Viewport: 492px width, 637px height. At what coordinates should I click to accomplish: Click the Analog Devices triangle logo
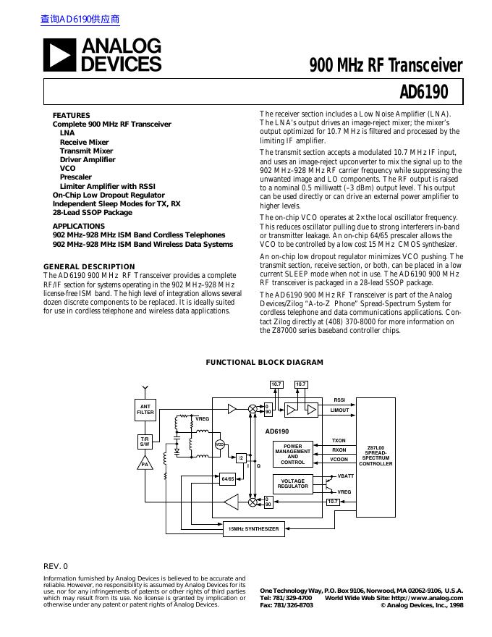coord(59,55)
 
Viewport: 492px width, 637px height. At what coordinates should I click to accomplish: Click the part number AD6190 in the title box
coord(423,93)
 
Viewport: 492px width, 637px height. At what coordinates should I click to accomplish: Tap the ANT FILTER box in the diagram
coord(145,410)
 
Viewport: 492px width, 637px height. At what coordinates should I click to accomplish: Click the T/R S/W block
coord(145,442)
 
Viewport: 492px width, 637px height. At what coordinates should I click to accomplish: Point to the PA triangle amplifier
coord(145,463)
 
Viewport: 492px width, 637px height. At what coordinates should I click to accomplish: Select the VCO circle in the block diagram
coord(220,444)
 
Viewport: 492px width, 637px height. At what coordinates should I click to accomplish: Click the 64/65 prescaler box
coord(228,478)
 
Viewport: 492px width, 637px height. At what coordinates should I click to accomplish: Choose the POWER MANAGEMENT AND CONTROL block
coord(292,454)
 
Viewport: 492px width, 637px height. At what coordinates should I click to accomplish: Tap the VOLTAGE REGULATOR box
coord(292,484)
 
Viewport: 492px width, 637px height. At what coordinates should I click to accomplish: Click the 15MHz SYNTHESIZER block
coord(253,529)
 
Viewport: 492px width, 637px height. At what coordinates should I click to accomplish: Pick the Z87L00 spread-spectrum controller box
coord(376,457)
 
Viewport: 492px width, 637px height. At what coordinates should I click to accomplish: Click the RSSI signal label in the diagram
coord(339,400)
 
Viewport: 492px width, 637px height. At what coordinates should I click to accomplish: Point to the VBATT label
coord(346,476)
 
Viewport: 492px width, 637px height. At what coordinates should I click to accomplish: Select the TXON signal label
coord(339,440)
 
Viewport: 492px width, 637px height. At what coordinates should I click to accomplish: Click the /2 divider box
coord(242,457)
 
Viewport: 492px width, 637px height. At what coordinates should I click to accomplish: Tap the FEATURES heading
coord(71,115)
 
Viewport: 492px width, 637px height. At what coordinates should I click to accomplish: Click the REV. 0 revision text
coord(56,565)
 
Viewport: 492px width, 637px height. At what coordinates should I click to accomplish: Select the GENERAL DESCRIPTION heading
coord(89,266)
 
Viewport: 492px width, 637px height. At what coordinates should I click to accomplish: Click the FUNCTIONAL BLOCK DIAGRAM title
coord(265,363)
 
